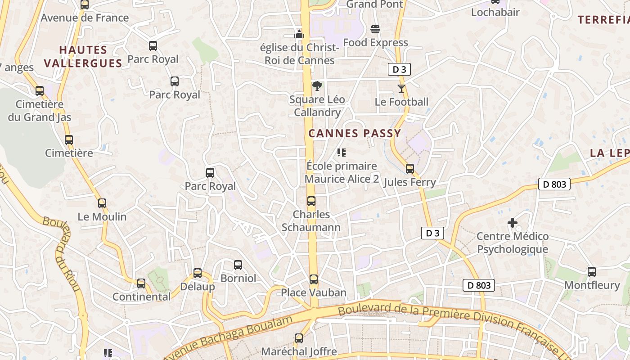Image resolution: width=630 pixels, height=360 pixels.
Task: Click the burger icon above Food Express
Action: click(375, 29)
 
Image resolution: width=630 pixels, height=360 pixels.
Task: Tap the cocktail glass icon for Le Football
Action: click(401, 89)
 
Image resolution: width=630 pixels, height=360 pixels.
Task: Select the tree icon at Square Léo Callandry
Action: click(317, 85)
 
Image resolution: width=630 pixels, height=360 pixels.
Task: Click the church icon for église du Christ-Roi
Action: click(299, 34)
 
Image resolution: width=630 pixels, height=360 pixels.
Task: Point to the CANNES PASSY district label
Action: click(355, 133)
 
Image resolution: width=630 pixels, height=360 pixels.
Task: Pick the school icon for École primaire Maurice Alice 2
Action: click(342, 153)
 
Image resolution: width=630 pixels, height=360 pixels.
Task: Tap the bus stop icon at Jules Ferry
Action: click(409, 169)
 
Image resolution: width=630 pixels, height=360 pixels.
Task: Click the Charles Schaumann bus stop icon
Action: click(311, 201)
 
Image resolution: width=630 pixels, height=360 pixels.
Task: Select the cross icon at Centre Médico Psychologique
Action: click(512, 223)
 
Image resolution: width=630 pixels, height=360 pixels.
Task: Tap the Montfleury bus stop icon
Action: click(592, 272)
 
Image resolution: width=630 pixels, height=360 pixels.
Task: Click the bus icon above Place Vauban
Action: click(314, 279)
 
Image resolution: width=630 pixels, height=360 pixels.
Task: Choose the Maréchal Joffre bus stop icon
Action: click(299, 338)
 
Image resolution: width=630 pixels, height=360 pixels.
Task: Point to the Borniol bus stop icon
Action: click(238, 265)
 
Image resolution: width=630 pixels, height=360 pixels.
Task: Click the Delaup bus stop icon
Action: click(198, 273)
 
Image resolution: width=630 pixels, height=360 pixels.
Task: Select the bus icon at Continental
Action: click(141, 283)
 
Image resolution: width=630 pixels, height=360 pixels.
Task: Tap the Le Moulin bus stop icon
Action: click(102, 203)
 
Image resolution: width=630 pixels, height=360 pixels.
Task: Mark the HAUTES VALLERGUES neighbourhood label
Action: click(83, 56)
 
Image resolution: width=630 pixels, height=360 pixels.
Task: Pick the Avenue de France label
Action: click(85, 18)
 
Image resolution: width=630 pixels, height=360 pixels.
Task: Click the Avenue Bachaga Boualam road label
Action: click(229, 337)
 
